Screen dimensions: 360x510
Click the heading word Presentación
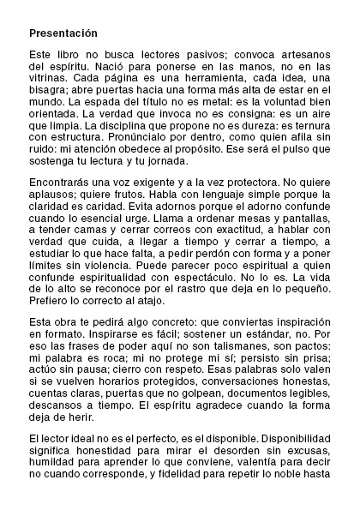coord(63,33)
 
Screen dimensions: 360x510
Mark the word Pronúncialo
coord(148,149)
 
